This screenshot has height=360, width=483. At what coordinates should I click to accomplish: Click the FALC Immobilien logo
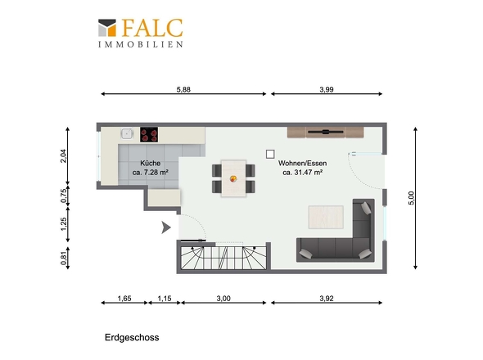(x=141, y=33)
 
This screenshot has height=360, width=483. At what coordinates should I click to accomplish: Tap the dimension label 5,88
(x=183, y=90)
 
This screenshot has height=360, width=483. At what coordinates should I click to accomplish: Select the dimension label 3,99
(x=326, y=90)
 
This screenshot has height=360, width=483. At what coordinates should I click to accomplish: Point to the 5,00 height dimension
(x=411, y=198)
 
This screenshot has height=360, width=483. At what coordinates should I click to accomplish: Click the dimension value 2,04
(x=63, y=155)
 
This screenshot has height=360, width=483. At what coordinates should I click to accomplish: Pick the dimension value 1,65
(x=124, y=299)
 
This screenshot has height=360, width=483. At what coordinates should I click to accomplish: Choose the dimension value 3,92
(x=326, y=299)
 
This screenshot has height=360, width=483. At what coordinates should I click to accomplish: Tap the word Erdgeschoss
(x=132, y=338)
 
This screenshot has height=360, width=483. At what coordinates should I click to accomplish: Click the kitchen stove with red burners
(x=149, y=134)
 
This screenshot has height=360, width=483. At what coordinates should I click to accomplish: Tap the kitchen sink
(x=127, y=134)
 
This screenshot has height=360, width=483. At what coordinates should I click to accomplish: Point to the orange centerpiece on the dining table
(x=233, y=178)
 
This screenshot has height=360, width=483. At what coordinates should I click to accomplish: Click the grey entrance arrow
(x=166, y=227)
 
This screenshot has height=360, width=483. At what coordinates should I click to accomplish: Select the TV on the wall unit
(x=326, y=132)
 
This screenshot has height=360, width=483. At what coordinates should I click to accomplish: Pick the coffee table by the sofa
(x=326, y=217)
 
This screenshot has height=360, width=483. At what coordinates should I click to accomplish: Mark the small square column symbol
(x=270, y=155)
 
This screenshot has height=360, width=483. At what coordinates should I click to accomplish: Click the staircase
(x=223, y=258)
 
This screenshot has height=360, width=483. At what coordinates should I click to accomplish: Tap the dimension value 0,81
(x=63, y=258)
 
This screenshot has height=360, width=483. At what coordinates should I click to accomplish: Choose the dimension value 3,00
(x=223, y=299)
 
